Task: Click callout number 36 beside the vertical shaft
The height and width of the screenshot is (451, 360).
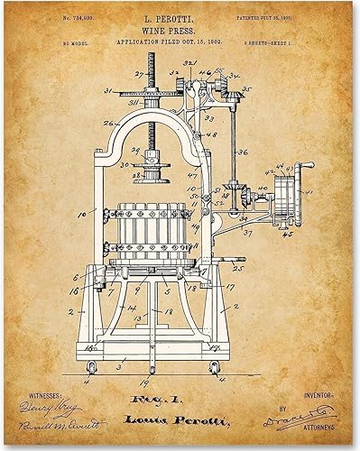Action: pyautogui.click(x=242, y=153)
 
